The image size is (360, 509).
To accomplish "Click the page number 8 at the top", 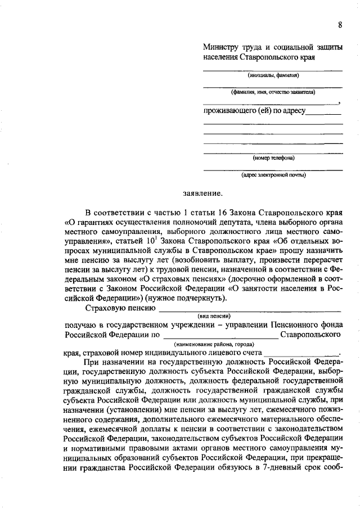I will point(340,24).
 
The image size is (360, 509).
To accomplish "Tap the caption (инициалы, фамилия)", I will point(273,75).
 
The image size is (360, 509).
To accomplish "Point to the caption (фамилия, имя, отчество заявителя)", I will point(273,91).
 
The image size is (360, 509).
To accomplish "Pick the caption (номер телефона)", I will point(273,157).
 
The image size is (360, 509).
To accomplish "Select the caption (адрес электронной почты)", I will point(273,174).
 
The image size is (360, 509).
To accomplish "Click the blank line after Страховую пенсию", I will point(250,308).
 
